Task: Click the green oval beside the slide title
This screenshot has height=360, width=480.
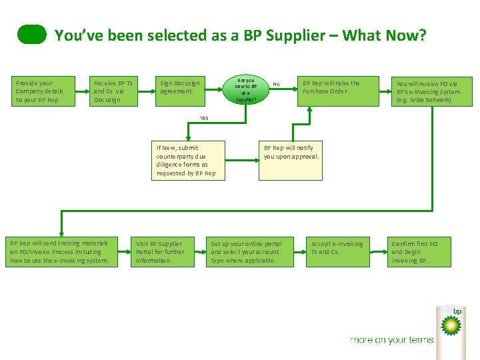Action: coord(32,35)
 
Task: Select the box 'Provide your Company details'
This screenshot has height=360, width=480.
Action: coord(41,91)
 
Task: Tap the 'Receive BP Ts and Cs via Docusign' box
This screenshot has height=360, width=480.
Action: coord(114,91)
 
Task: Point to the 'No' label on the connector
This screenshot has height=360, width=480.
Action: coord(276,84)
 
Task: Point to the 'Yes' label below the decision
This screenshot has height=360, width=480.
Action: coord(204,118)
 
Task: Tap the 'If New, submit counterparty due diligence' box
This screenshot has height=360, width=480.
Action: coord(187,160)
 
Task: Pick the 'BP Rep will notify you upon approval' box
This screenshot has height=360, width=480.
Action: coord(291,160)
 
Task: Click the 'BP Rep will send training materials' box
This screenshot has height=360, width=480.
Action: coord(61,252)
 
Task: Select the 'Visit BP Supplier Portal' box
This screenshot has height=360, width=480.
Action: coord(161,252)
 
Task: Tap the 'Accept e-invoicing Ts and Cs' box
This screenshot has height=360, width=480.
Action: coord(337,252)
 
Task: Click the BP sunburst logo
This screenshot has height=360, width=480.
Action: coord(451,325)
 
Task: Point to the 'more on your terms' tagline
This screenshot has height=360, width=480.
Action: coord(391,340)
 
